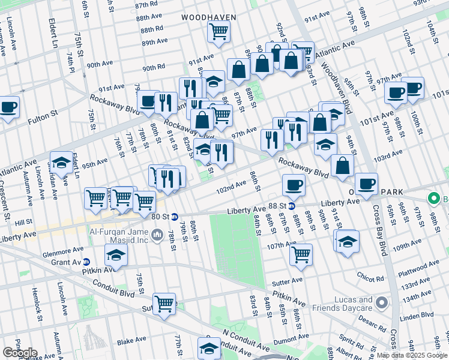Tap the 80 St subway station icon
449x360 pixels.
175,217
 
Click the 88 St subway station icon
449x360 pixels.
291,206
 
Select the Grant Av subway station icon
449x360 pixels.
86,262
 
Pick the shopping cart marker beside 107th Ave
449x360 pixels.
301,254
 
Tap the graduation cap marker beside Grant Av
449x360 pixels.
116,256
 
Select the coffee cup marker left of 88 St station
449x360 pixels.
293,184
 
